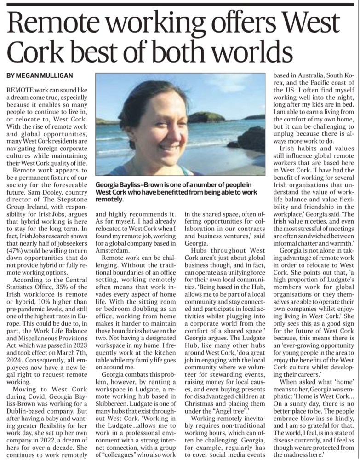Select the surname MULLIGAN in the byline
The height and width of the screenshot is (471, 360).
tap(57, 75)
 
